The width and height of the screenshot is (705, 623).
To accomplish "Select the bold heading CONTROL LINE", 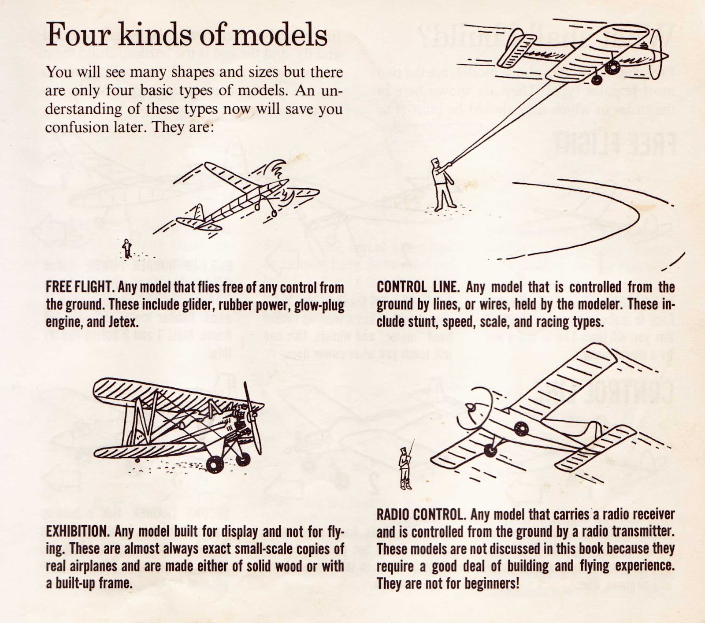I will pyautogui.click(x=418, y=288).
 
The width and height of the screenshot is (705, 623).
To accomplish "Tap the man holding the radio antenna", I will pyautogui.click(x=404, y=468).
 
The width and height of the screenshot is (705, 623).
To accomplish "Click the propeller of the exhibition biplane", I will pyautogui.click(x=251, y=412).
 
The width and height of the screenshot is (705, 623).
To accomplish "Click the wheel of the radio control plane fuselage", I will pyautogui.click(x=520, y=427).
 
